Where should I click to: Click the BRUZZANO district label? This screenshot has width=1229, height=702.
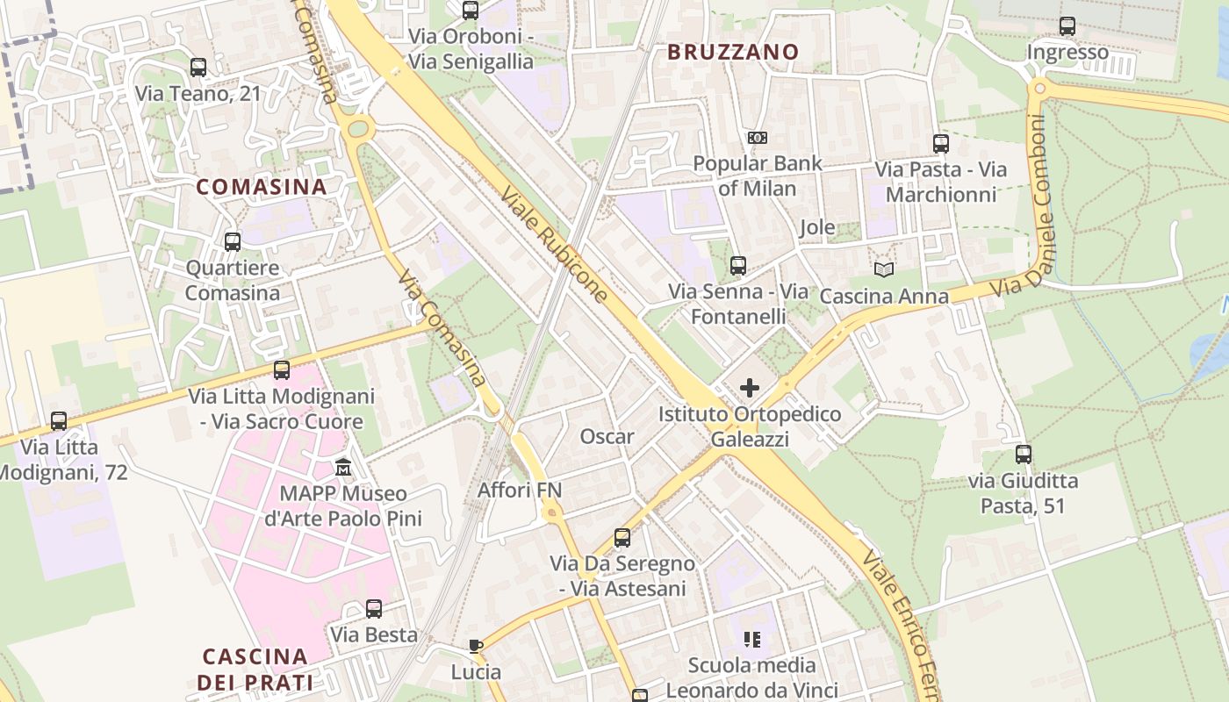733,52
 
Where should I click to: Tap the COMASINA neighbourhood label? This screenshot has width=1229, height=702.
261,187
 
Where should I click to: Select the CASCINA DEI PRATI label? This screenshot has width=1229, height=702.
255,669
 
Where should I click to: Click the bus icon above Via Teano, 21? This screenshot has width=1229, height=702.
198,68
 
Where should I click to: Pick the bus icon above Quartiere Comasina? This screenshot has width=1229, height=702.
233,242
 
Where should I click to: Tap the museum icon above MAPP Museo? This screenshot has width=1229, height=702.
343,467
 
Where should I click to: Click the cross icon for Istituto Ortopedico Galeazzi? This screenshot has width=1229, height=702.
750,387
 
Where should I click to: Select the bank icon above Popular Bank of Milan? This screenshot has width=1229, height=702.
757,138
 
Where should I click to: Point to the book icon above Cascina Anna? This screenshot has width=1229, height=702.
883,270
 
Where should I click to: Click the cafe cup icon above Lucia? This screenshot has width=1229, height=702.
476,647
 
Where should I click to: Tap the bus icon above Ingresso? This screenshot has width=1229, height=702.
1067,26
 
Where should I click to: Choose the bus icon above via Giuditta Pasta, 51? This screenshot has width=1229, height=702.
1024,455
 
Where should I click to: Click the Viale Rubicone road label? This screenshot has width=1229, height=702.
555,242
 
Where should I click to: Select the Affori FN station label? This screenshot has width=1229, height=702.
519,490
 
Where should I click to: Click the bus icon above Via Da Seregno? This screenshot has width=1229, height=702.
622,537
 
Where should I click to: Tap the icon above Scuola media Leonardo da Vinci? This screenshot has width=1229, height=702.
751,639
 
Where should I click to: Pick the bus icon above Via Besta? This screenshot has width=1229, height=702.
374,608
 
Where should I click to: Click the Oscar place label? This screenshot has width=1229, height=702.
607,436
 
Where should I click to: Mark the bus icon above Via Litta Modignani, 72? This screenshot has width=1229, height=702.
59,421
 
